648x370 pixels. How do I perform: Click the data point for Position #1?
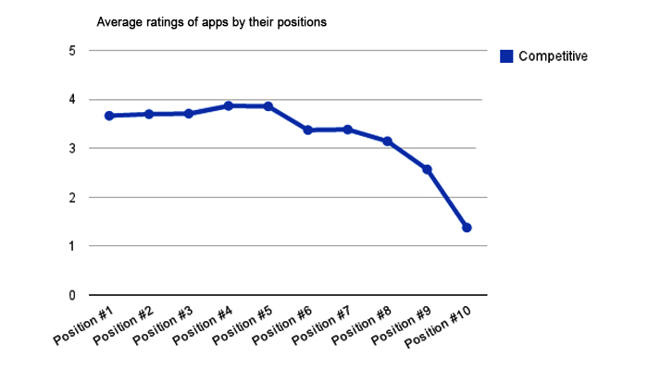tap(108, 116)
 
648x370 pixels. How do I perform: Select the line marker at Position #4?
tap(228, 106)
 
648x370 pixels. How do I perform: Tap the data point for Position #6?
tap(307, 130)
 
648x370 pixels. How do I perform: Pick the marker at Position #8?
tap(387, 142)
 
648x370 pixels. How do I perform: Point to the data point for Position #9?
tap(427, 169)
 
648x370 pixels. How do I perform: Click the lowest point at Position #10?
tap(467, 228)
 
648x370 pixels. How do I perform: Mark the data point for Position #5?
tap(268, 106)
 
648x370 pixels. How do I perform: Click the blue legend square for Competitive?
tap(506, 56)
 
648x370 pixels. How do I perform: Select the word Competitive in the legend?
tap(553, 56)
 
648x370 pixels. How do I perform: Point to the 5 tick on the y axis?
tap(71, 51)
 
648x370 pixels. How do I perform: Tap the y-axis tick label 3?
tap(71, 148)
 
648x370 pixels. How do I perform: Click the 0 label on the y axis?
tap(71, 295)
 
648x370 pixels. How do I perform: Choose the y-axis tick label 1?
tap(71, 246)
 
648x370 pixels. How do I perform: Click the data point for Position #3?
tap(188, 114)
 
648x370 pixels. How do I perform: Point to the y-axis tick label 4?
tap(71, 100)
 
